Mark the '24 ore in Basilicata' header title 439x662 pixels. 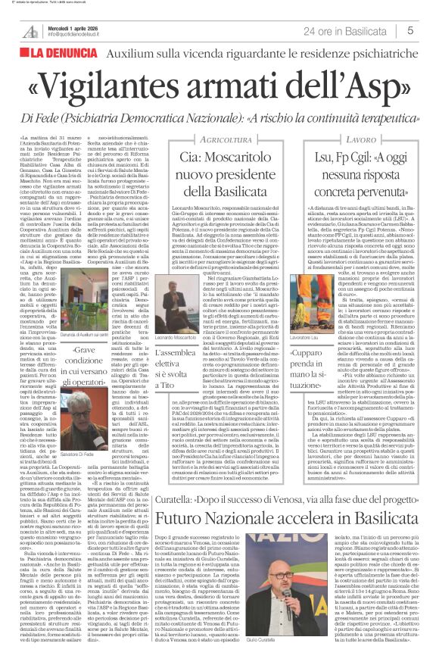click(x=342, y=30)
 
